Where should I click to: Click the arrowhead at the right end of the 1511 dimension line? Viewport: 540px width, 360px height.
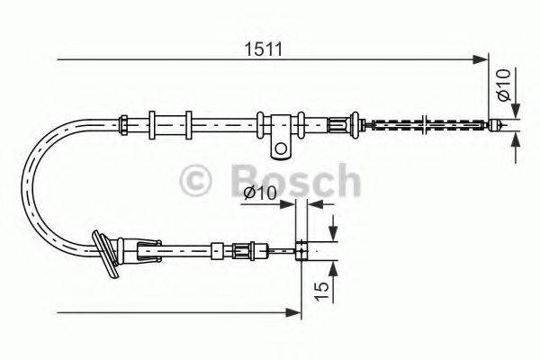tap(481, 60)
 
